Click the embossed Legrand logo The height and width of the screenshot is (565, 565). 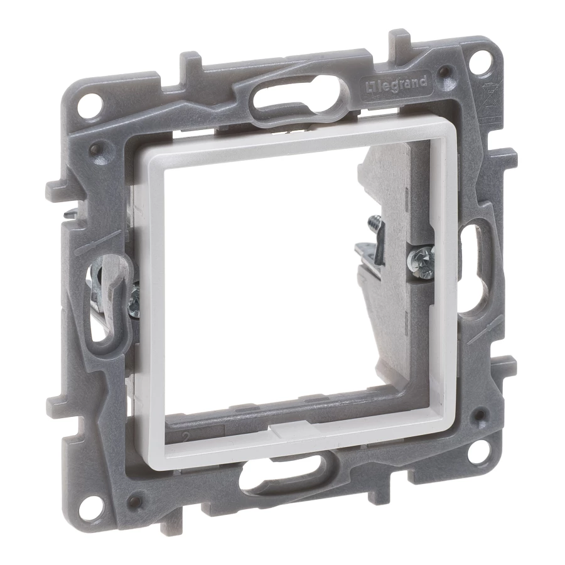[x=396, y=85]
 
